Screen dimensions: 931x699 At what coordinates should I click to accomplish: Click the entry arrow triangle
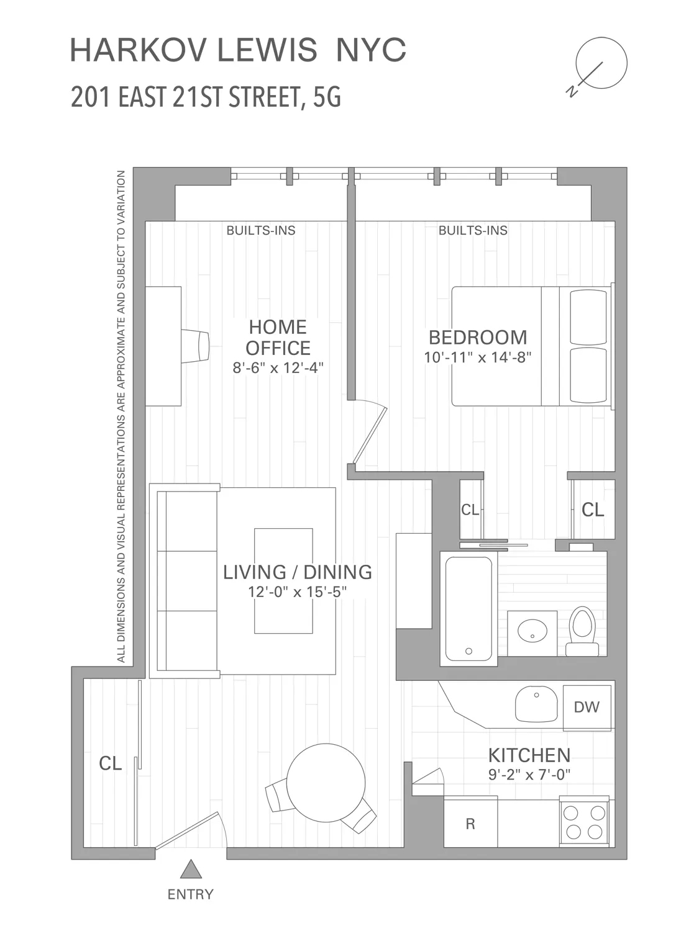pos(191,870)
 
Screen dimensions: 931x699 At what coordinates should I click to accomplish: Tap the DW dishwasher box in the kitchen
pos(587,706)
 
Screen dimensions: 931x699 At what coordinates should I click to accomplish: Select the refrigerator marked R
pos(470,824)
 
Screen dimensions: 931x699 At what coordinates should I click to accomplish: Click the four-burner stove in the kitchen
pos(583,822)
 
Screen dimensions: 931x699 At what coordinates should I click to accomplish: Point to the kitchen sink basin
pos(536,704)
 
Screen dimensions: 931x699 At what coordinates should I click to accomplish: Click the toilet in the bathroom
pos(582,631)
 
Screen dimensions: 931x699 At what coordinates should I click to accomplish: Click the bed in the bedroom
pos(531,346)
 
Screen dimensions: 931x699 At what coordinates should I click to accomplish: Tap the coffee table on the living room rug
pos(283,580)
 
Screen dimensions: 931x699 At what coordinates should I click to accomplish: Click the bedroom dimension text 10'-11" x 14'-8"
pos(478,357)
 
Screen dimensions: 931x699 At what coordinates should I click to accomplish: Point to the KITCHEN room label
pos(529,755)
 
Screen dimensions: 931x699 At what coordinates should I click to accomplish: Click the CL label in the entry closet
pos(111,763)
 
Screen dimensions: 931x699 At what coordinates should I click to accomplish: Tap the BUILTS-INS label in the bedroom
pos(473,230)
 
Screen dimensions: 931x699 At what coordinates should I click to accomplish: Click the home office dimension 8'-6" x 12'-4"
pos(278,367)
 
